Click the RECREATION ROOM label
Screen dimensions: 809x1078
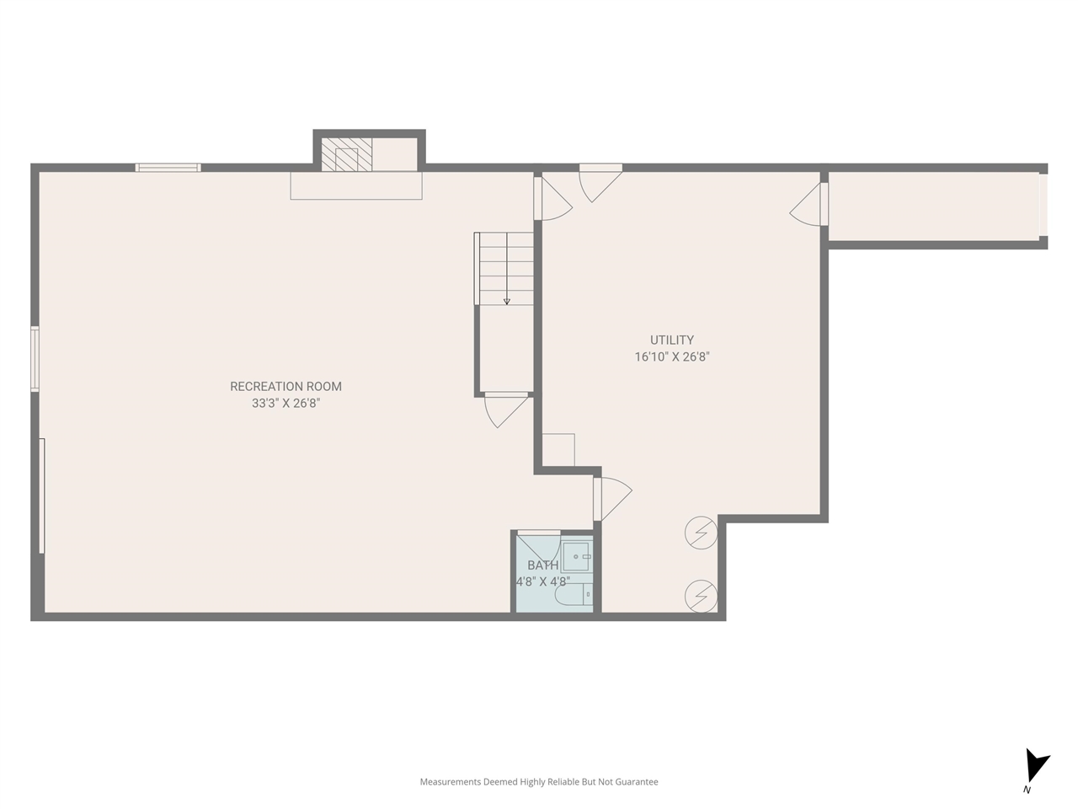[x=286, y=387]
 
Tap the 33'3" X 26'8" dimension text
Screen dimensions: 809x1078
[x=286, y=404]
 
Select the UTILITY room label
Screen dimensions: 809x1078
[x=672, y=340]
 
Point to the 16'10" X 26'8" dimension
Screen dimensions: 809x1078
[x=672, y=357]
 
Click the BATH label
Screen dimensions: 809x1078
[x=542, y=565]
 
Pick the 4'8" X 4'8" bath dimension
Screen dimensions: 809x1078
[x=542, y=581]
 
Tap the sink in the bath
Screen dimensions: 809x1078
[x=577, y=557]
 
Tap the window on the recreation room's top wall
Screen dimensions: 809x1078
[x=168, y=168]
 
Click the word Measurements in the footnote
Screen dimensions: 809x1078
[x=451, y=782]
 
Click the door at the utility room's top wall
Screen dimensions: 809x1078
[x=600, y=181]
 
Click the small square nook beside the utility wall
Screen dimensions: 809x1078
[x=558, y=449]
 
